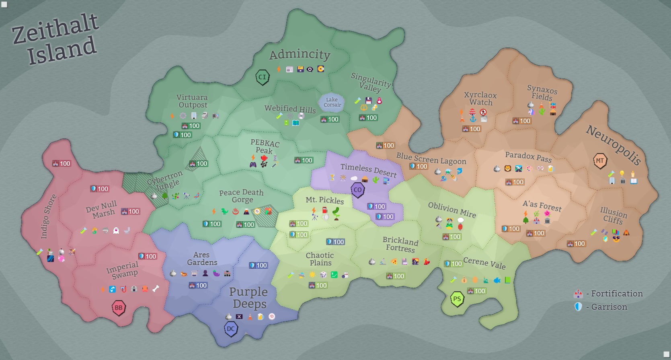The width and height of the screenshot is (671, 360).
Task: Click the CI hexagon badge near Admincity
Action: click(x=262, y=77)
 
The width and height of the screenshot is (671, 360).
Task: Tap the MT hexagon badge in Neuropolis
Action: click(x=600, y=160)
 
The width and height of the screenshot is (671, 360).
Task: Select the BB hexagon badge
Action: click(x=119, y=308)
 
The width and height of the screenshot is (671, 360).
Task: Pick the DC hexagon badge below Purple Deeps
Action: click(x=231, y=329)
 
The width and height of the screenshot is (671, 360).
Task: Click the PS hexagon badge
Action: click(x=457, y=299)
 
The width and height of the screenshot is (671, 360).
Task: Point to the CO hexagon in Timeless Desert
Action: click(x=358, y=190)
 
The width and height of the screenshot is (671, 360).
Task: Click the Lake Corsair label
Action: click(x=332, y=102)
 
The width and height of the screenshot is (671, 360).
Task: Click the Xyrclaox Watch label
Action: click(x=480, y=99)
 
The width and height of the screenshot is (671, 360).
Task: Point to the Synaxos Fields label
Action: click(x=542, y=93)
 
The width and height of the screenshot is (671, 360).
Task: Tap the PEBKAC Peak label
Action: click(x=265, y=146)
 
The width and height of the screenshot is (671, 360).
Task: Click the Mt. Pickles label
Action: click(x=324, y=200)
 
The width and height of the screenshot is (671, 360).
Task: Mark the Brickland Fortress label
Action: click(x=400, y=245)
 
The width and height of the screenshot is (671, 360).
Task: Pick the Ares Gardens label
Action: click(x=202, y=259)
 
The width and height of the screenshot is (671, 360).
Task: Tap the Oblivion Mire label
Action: click(x=452, y=210)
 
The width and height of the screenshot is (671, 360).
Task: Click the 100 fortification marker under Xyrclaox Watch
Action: click(x=472, y=129)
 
